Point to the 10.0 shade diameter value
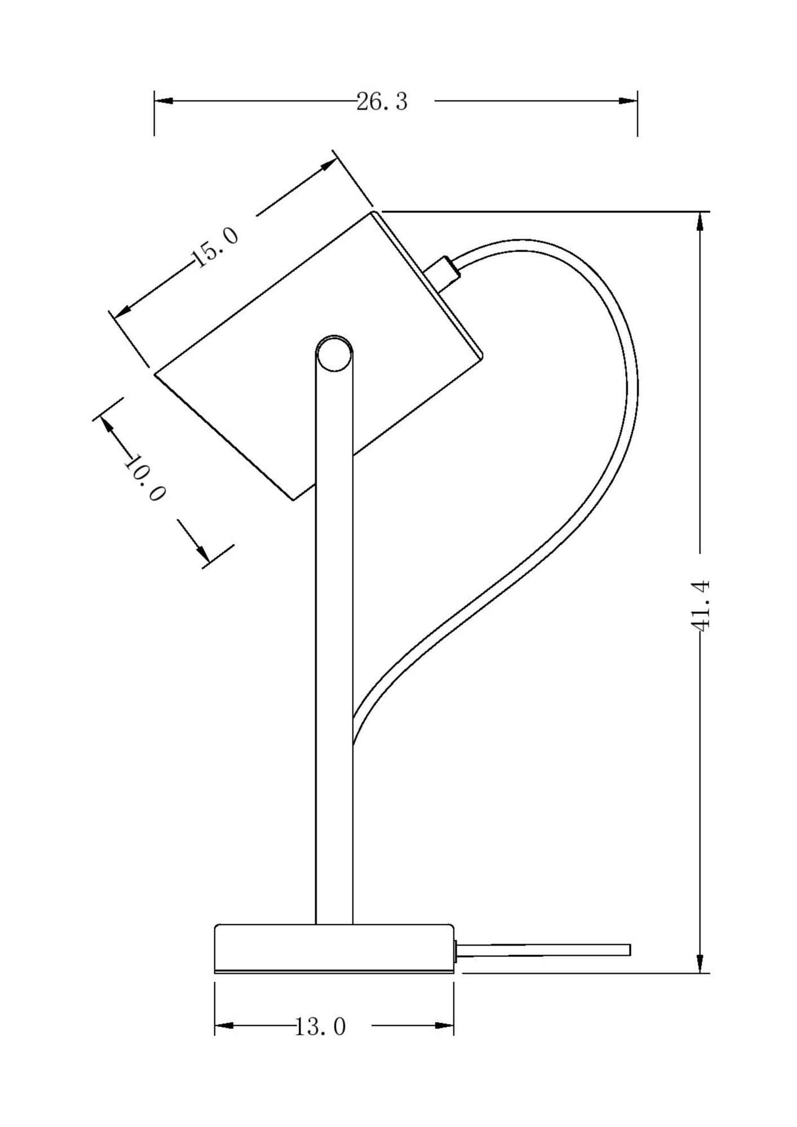click(x=144, y=478)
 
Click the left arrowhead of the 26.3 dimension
click(x=163, y=101)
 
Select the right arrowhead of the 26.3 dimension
click(x=628, y=101)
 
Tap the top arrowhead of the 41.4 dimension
click(x=700, y=221)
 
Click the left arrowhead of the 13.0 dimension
click(x=224, y=1026)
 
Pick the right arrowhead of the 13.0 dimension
click(x=445, y=1026)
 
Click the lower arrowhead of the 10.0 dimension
click(x=202, y=553)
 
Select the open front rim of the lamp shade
click(x=224, y=436)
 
